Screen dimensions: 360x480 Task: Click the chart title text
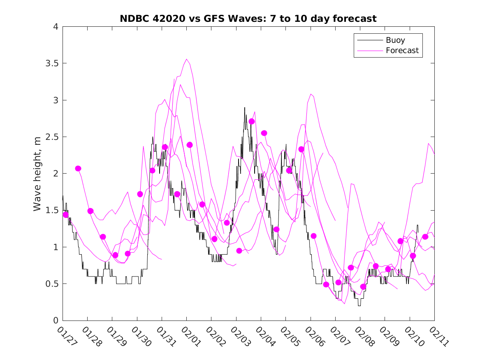point(248,19)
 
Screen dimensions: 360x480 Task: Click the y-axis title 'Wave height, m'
point(37,174)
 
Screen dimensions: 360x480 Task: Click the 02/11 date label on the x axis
point(437,335)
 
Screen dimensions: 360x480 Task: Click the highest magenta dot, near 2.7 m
point(252,121)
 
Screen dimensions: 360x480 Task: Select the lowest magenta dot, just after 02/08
point(363,287)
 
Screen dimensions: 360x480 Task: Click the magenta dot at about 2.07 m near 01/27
point(78,168)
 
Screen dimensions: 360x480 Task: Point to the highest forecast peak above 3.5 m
point(187,59)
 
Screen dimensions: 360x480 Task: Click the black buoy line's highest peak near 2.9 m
point(245,108)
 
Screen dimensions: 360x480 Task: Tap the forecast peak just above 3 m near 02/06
point(311,94)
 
